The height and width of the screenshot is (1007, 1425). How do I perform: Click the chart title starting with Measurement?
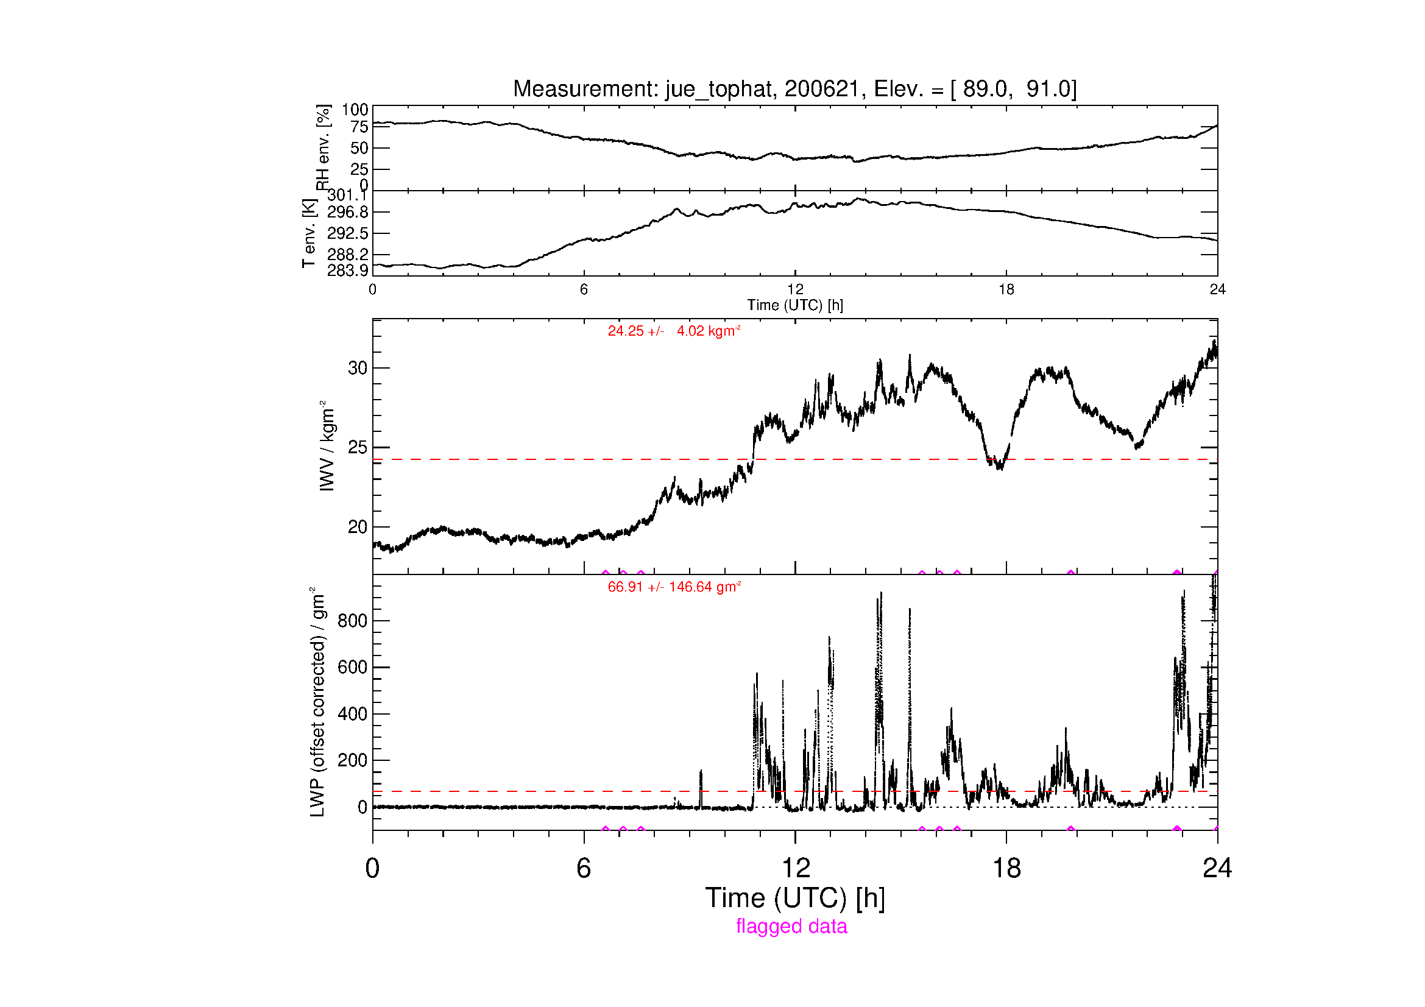point(794,90)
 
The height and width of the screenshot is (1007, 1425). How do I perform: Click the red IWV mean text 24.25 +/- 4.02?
point(674,331)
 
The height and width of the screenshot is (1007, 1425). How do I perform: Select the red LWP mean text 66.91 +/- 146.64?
point(674,587)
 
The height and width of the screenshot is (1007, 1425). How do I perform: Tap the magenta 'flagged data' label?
point(791,927)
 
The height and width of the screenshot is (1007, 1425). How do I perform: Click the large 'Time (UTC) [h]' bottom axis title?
point(794,898)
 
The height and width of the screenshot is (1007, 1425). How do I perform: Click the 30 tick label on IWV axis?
point(358,368)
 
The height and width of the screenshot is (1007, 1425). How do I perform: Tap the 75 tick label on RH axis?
point(359,127)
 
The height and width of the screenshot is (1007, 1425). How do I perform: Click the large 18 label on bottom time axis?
point(1006,867)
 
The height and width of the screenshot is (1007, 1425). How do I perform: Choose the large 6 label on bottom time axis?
point(584,867)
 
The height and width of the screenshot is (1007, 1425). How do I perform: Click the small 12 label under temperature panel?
point(795,289)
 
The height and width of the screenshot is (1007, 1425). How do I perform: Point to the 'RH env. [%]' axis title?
point(323,147)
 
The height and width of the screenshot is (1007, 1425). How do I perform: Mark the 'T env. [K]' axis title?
point(308,233)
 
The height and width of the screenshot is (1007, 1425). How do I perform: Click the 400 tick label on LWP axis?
point(353,713)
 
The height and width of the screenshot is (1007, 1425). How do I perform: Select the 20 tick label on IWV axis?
point(358,527)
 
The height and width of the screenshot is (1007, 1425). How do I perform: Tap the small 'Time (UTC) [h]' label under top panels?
point(794,305)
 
